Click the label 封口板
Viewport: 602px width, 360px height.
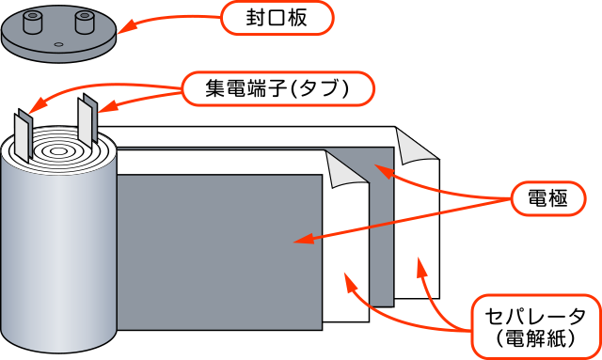click(x=276, y=17)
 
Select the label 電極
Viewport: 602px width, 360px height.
click(x=547, y=198)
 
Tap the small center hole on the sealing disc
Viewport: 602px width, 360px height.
click(x=59, y=44)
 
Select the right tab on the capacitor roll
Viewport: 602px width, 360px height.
click(x=90, y=118)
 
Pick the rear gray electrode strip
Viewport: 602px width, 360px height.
click(x=381, y=235)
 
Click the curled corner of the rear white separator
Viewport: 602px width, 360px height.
click(x=415, y=145)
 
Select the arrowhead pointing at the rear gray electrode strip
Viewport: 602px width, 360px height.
click(x=382, y=168)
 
